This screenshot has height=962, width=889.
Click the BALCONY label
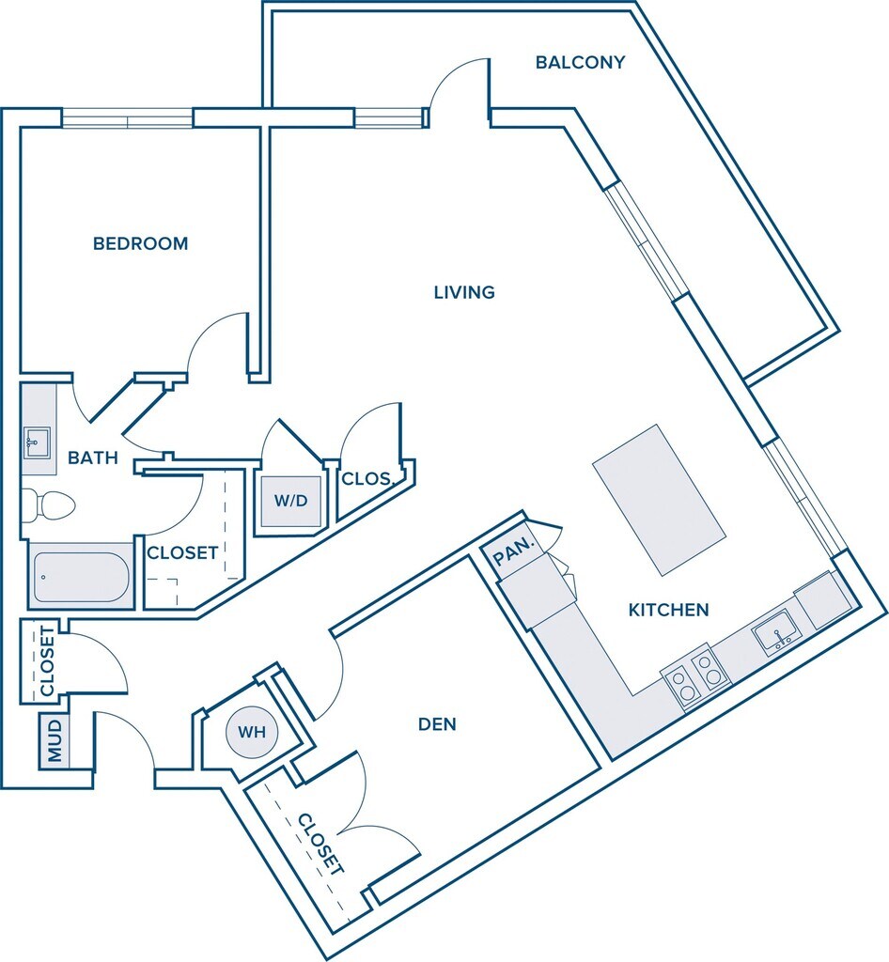click(580, 63)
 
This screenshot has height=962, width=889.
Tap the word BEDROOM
click(140, 243)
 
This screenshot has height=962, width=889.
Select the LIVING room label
click(464, 292)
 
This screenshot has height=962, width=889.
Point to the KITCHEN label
click(668, 610)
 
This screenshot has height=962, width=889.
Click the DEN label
click(437, 724)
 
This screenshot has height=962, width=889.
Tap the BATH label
click(93, 458)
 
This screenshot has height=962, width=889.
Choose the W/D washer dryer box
click(290, 501)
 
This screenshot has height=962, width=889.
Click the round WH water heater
click(250, 732)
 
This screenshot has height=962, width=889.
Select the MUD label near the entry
click(55, 740)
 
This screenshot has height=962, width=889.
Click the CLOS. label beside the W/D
click(367, 479)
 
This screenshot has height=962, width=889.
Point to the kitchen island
click(660, 499)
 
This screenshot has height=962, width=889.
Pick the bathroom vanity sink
click(38, 441)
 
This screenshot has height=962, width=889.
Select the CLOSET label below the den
click(320, 844)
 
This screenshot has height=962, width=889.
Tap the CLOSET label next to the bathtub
click(182, 553)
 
